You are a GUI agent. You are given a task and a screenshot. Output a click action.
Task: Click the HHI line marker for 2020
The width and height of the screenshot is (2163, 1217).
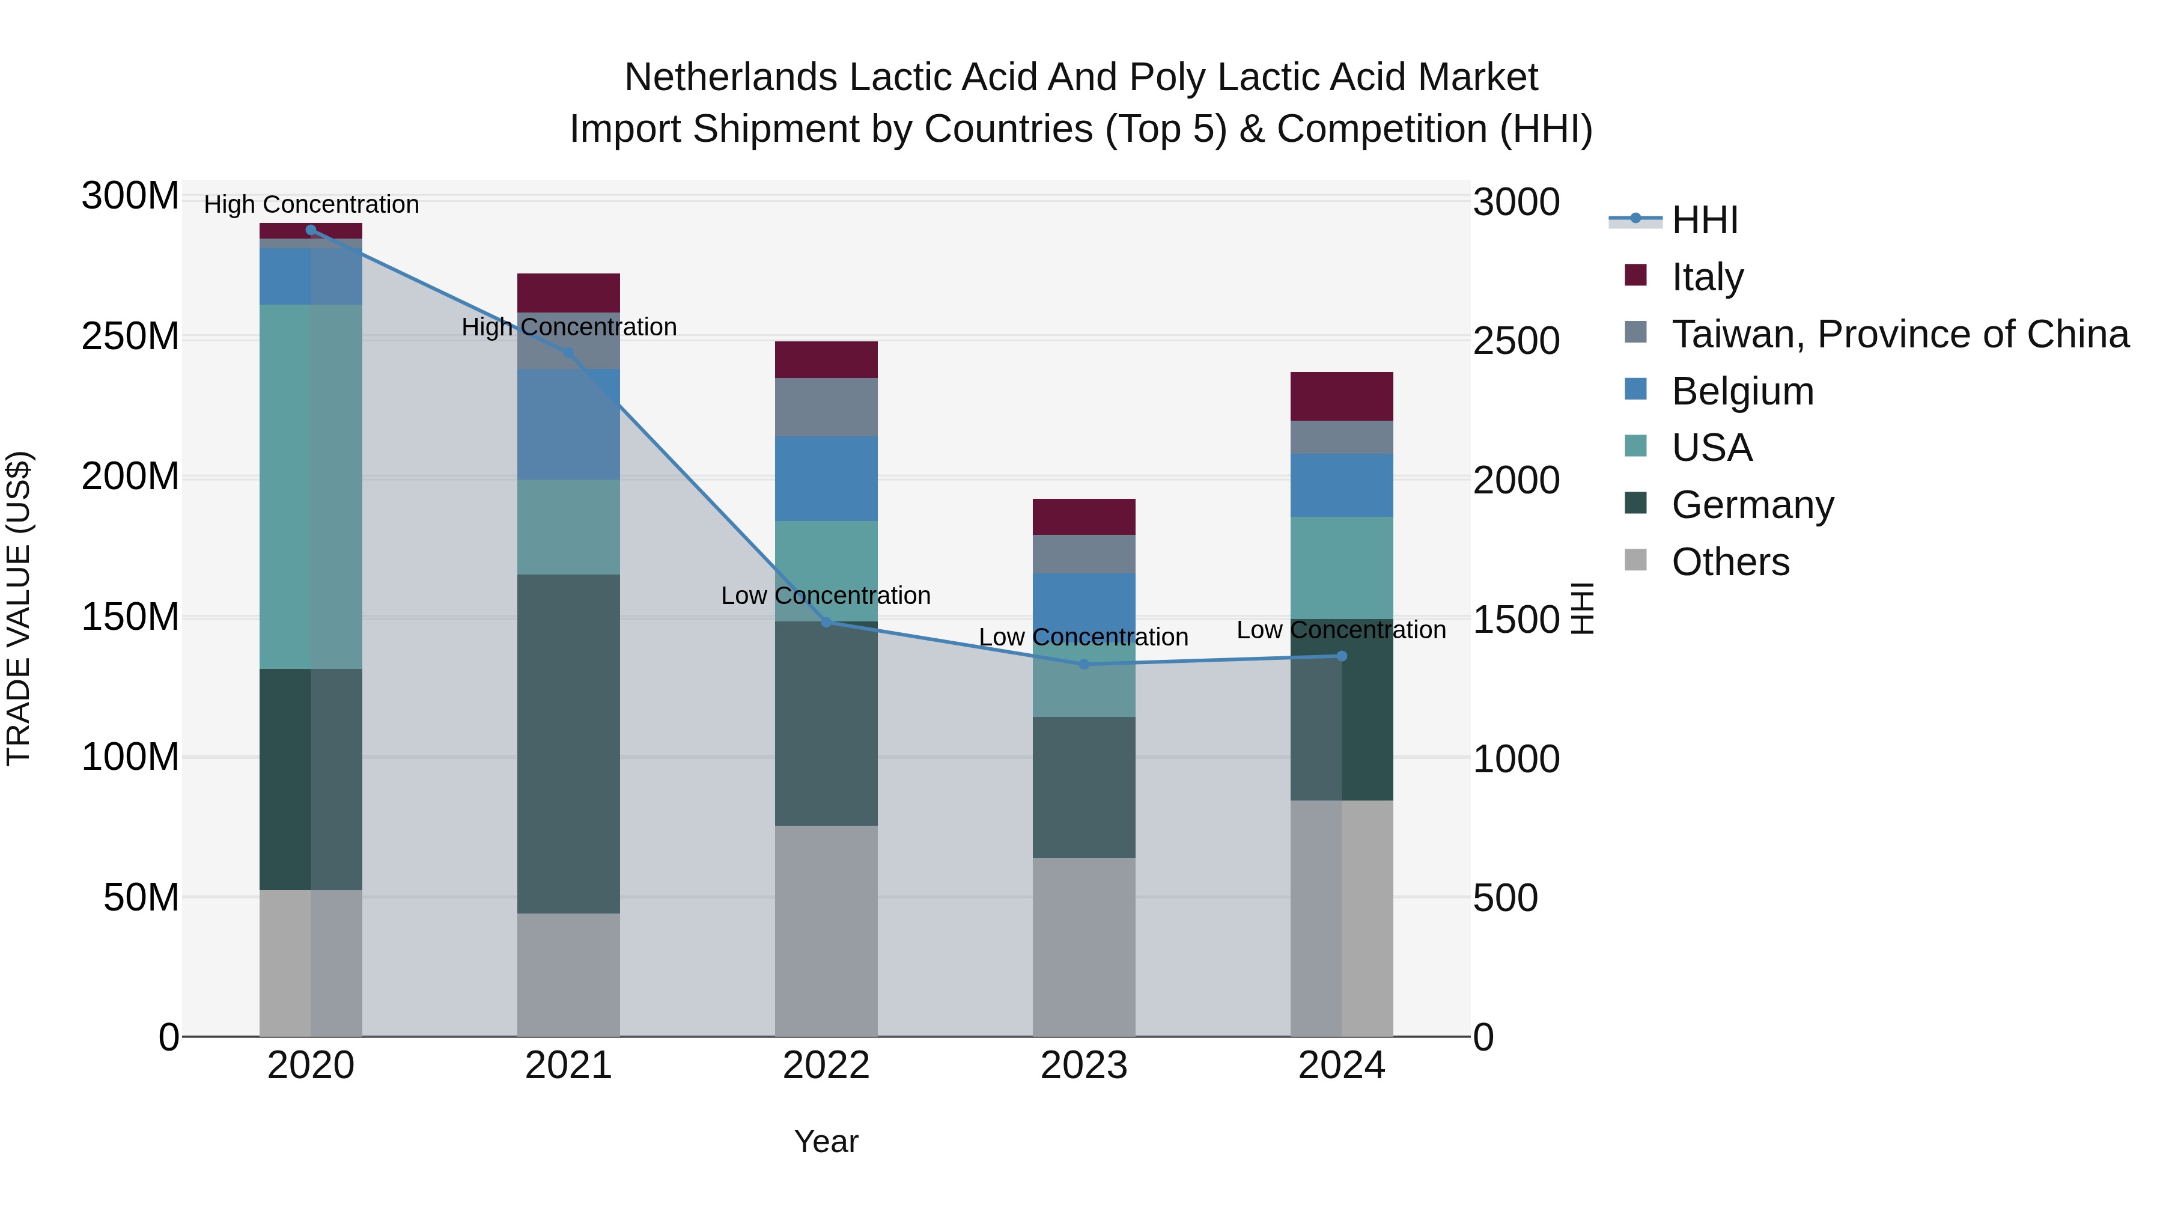[x=311, y=230]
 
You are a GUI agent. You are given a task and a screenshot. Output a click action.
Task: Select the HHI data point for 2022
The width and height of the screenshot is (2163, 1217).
[x=826, y=623]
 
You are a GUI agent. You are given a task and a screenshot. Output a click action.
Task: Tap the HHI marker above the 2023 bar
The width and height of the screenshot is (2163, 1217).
[x=1084, y=664]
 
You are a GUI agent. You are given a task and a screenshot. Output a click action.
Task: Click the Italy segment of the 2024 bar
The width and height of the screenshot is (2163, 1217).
[x=1341, y=397]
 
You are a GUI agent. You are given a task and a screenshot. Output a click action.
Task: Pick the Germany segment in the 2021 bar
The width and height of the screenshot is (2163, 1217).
[x=568, y=743]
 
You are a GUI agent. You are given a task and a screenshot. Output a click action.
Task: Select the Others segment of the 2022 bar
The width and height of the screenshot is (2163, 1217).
[x=826, y=930]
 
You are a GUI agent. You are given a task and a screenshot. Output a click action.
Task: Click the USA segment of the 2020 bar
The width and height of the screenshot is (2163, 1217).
[x=311, y=487]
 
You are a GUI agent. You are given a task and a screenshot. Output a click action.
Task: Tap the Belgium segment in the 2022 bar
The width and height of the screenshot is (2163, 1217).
[x=826, y=479]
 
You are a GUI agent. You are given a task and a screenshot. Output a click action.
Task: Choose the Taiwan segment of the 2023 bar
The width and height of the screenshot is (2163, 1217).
[x=1084, y=554]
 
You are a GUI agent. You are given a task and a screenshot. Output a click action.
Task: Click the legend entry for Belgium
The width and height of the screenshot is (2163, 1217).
[x=1742, y=391]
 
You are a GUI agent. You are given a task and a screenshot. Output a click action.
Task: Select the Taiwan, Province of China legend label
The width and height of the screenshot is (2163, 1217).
[x=1899, y=334]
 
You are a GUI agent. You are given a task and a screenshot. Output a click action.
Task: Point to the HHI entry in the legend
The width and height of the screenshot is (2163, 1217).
[x=1705, y=220]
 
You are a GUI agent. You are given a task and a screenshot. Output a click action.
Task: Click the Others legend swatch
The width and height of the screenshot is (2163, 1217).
[x=1635, y=560]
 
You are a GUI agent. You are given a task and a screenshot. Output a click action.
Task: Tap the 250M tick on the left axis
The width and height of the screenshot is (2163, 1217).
[x=130, y=337]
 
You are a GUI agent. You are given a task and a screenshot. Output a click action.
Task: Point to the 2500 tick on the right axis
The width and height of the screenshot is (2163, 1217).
[x=1517, y=342]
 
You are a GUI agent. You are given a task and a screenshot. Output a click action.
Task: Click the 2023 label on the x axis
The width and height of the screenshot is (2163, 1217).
[x=1084, y=1066]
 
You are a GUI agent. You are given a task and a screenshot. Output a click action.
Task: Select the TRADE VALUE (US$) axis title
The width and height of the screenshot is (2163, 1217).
[x=19, y=608]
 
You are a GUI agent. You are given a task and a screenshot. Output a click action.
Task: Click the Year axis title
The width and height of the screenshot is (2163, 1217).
[x=826, y=1141]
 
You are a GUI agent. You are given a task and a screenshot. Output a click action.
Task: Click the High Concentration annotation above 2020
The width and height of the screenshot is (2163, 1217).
[x=311, y=204]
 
